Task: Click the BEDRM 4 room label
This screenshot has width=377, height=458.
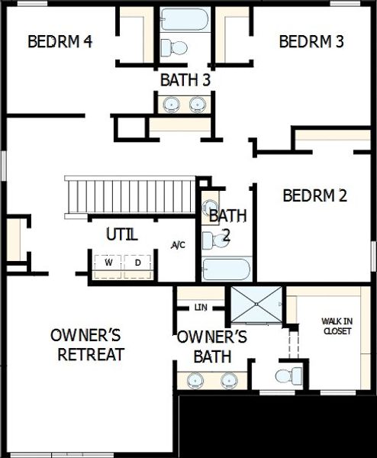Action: pos(60,41)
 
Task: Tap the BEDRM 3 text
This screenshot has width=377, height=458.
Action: pos(311,41)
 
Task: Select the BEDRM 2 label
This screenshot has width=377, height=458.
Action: pos(314,196)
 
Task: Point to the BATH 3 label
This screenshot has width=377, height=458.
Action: pos(185,79)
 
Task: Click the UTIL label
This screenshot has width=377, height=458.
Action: pos(122,234)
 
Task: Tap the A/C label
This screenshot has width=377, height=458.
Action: pos(178,245)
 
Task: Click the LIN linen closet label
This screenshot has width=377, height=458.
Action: pos(201,308)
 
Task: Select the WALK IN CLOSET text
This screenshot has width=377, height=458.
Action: pos(337,327)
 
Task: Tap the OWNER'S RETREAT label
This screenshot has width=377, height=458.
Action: pos(90,345)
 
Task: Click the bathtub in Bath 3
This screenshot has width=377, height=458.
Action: pos(185,19)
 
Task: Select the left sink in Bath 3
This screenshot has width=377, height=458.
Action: pos(169,104)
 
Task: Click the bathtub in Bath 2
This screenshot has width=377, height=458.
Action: pos(226,270)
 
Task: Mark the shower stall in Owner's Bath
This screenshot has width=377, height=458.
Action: pos(256,305)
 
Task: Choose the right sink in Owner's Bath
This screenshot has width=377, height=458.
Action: pos(228,379)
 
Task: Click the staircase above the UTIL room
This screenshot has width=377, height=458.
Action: pos(130,196)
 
